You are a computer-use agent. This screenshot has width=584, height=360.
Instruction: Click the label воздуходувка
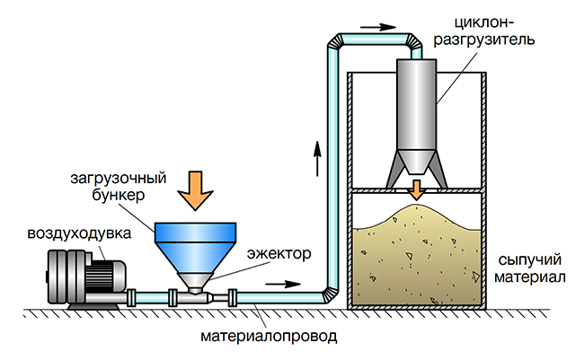pyautogui.click(x=79, y=233)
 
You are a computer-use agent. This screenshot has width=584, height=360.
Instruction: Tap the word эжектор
pyautogui.click(x=279, y=254)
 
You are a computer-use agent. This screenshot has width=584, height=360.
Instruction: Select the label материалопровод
pyautogui.click(x=269, y=337)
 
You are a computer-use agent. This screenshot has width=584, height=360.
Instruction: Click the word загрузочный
pyautogui.click(x=119, y=179)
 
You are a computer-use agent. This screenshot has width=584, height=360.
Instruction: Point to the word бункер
pyautogui.click(x=119, y=195)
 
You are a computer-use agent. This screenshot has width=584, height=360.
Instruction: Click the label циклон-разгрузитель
pyautogui.click(x=484, y=31)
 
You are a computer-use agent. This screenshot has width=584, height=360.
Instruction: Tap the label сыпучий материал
pyautogui.click(x=530, y=268)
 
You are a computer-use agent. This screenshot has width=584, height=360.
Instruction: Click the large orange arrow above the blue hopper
pyautogui.click(x=195, y=190)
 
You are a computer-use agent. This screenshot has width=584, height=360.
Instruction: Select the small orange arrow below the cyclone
pyautogui.click(x=416, y=190)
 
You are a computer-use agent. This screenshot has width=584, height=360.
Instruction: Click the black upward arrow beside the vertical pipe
pyautogui.click(x=317, y=158)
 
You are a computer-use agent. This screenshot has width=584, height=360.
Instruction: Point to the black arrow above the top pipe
pyautogui.click(x=378, y=27)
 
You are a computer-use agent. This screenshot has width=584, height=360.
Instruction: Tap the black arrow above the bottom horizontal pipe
pyautogui.click(x=283, y=284)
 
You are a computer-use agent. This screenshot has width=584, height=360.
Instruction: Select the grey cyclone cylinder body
pyautogui.click(x=416, y=105)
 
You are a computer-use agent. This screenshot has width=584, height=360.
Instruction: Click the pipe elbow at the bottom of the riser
pyautogui.click(x=331, y=295)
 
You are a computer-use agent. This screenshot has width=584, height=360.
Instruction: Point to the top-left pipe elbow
pyautogui.click(x=336, y=41)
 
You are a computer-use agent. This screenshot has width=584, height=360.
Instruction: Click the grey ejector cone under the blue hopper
pyautogui.click(x=195, y=281)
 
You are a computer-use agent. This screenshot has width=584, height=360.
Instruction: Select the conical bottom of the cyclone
pyautogui.click(x=416, y=162)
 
